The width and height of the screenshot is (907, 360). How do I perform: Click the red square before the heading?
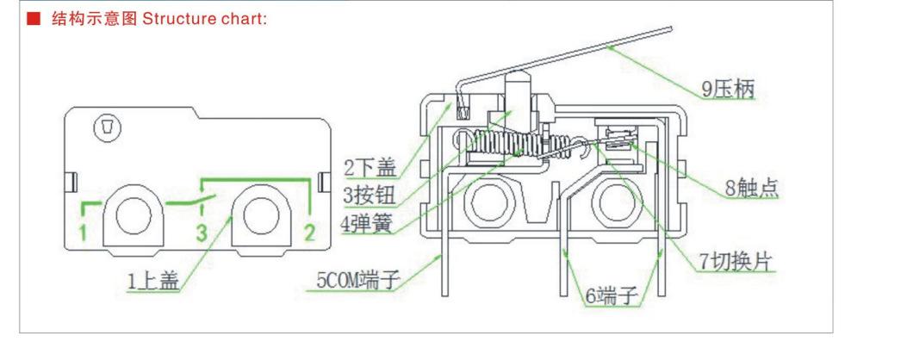34,19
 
